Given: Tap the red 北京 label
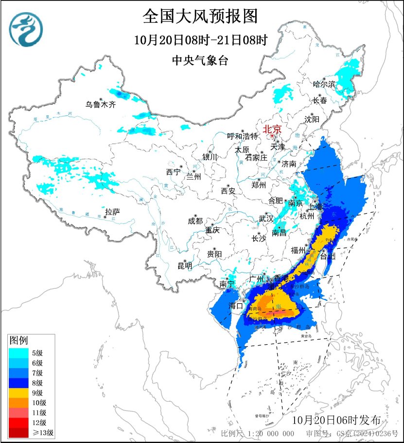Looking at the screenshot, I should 272,129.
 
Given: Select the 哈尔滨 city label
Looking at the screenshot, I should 324,84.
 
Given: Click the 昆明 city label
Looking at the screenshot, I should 185,266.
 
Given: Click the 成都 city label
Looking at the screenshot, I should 195,221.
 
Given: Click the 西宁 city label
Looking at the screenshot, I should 173,172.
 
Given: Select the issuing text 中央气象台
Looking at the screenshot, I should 200,60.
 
